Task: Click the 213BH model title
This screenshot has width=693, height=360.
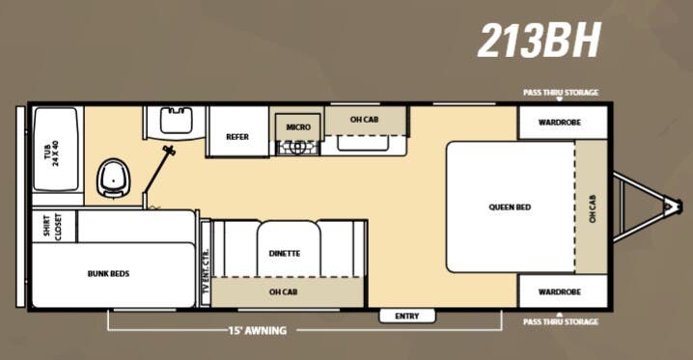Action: coord(539,40)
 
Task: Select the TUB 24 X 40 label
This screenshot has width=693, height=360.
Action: coord(55,154)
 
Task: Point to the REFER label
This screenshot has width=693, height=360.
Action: coord(237,137)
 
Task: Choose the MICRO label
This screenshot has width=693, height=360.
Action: coord(297,126)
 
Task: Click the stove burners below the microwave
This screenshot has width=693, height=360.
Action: coord(297,148)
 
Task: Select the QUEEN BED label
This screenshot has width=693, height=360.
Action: coord(510,208)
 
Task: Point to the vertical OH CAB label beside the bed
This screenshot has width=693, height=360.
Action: coord(593,207)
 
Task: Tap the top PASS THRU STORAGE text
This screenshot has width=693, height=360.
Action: coord(561,93)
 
